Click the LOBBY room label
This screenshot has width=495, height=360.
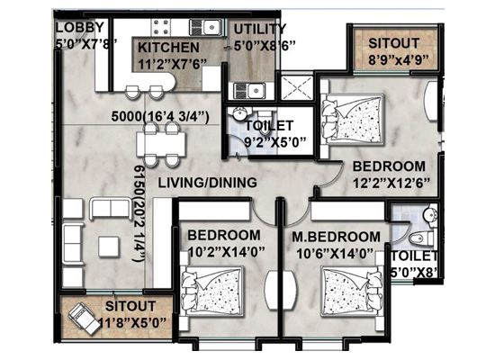(79, 28)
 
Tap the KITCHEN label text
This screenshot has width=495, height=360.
(168, 48)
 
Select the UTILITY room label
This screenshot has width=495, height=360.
(259, 30)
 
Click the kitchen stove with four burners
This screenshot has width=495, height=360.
(161, 27)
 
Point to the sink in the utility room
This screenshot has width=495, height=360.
(249, 91)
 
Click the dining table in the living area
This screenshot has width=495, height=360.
(161, 144)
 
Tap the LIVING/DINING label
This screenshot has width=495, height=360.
(207, 183)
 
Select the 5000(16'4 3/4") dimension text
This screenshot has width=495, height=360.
(160, 117)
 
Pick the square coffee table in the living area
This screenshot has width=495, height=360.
(109, 247)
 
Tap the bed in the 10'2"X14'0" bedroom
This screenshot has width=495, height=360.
(213, 291)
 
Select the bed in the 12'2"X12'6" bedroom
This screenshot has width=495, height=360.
(352, 120)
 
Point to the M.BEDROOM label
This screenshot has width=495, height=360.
(336, 237)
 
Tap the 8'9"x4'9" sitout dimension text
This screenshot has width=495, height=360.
(399, 59)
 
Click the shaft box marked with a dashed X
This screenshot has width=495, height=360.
(296, 87)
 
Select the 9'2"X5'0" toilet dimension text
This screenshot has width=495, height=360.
(275, 141)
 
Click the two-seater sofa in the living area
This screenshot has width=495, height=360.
(111, 209)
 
